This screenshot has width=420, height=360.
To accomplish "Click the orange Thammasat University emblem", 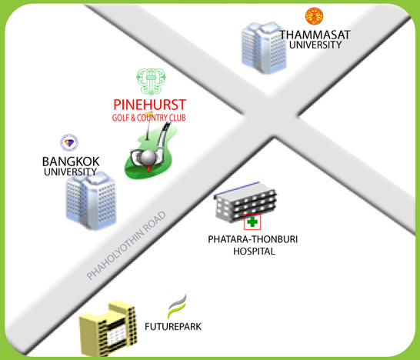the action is [314, 16].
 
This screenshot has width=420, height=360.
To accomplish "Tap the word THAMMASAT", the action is [315, 35].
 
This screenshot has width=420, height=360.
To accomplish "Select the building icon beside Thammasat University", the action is [264, 48].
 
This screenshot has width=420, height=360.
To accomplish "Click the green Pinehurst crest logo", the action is [151, 82].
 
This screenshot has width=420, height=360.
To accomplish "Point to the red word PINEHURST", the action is [150, 105].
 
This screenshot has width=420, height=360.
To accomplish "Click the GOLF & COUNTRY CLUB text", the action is [149, 118].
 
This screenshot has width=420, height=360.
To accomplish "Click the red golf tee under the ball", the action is [148, 168].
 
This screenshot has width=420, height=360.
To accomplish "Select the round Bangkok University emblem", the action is [69, 143].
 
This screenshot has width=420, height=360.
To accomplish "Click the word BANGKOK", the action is [71, 162].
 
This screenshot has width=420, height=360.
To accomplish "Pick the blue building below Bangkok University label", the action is [92, 201].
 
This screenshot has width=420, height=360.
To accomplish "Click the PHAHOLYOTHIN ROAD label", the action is [126, 245].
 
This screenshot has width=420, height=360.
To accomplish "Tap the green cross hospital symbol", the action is [252, 222].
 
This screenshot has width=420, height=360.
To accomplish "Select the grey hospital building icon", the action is [245, 202].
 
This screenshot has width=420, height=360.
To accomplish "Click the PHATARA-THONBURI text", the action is [253, 239].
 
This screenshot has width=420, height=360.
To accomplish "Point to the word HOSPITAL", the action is [254, 252].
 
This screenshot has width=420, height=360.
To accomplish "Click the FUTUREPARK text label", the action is [173, 326].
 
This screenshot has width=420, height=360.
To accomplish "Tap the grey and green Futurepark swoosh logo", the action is [177, 306].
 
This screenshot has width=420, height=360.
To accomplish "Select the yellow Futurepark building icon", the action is [108, 328].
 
